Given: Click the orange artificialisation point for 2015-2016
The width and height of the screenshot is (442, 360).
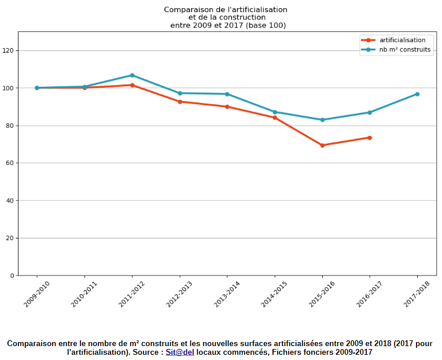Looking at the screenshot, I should [x=322, y=145].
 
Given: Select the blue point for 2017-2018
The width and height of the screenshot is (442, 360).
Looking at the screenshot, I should [x=417, y=94].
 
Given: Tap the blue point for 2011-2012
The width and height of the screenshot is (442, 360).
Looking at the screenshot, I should [x=132, y=75].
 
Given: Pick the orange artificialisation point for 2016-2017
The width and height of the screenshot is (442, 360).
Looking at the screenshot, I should [x=370, y=138].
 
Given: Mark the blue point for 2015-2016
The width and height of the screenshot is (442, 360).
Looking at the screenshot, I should [x=322, y=120].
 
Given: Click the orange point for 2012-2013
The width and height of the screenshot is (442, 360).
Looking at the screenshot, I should [x=180, y=102].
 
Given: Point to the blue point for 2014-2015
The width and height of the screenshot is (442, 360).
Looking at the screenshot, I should [x=275, y=112].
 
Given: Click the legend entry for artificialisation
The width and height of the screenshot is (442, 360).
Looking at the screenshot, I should [x=402, y=40].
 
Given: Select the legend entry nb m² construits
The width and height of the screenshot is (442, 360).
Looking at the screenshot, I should [x=405, y=50].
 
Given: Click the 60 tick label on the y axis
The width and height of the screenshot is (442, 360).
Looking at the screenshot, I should [x=10, y=163].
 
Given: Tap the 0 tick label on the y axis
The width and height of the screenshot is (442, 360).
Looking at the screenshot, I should [x=12, y=275].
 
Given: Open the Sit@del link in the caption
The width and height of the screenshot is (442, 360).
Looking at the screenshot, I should [x=180, y=352].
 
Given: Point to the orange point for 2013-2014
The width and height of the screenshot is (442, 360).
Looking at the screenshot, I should [x=227, y=106].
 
